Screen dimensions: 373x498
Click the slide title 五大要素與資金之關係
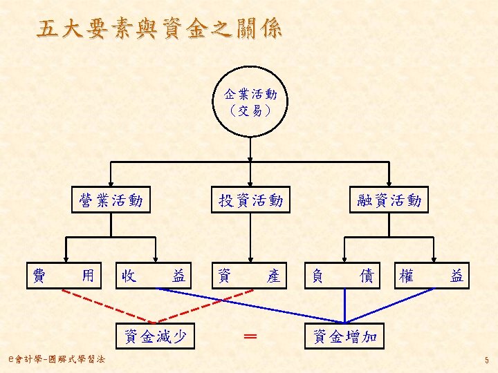tap(160, 30)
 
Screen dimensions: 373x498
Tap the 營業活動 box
tap(111, 200)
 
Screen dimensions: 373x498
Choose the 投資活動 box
tap(250, 200)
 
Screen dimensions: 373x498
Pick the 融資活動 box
tap(389, 200)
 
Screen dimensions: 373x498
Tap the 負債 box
tap(343, 276)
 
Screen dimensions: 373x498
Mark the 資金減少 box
tap(155, 336)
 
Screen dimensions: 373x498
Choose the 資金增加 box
tap(344, 336)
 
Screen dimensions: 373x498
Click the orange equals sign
tap(250, 336)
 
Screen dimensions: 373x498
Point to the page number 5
tap(487, 360)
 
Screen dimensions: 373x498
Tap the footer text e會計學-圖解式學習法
tap(54, 358)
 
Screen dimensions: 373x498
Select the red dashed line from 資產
tap(207, 305)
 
